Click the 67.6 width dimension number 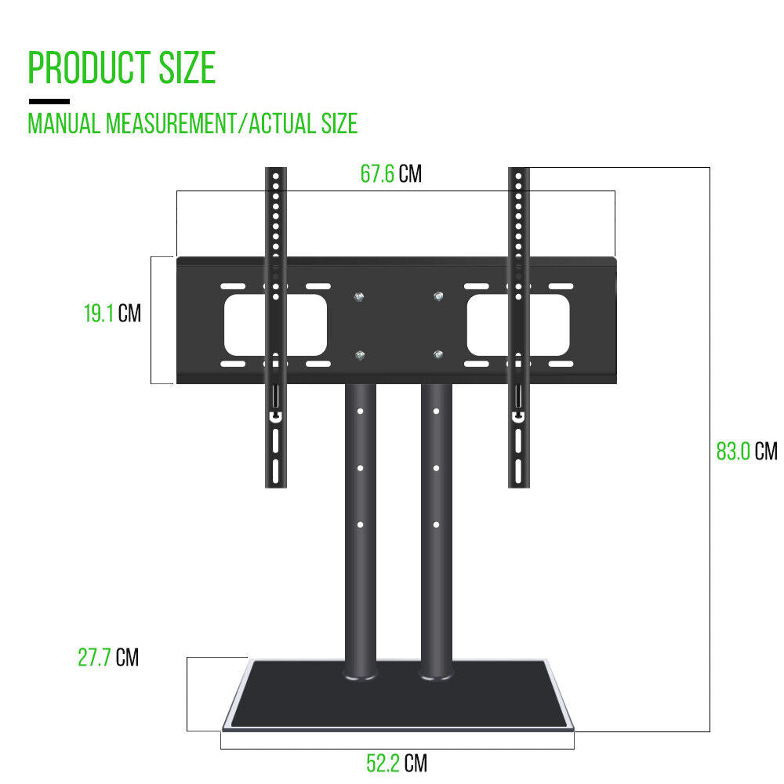[x=377, y=174]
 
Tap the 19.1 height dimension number [x=99, y=314]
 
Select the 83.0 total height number [x=733, y=451]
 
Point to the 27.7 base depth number [x=94, y=657]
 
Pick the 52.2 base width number [x=383, y=763]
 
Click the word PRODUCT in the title [x=89, y=67]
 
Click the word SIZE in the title [x=187, y=67]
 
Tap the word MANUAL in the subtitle [x=64, y=124]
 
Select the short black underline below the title [x=49, y=101]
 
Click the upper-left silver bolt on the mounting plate [x=359, y=297]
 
